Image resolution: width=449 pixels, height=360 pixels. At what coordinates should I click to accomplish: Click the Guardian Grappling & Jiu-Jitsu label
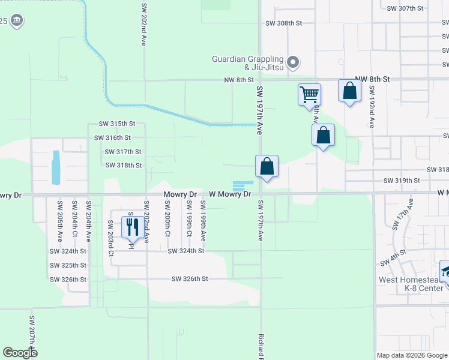pyautogui.click(x=248, y=63)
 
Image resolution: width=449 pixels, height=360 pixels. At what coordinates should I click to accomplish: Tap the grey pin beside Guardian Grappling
pyautogui.click(x=293, y=62)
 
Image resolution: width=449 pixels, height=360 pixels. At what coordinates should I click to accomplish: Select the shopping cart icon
pyautogui.click(x=309, y=94)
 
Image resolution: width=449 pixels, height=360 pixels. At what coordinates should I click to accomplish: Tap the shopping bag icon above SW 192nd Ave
pyautogui.click(x=349, y=91)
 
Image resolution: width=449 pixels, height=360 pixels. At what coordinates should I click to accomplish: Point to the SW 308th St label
pyautogui.click(x=283, y=23)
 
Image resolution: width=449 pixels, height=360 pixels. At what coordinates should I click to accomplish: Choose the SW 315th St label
pyautogui.click(x=117, y=124)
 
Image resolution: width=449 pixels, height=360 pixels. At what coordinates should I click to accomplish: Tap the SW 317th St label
pyautogui.click(x=123, y=152)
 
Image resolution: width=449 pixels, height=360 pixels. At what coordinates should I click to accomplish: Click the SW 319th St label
pyautogui.click(x=402, y=180)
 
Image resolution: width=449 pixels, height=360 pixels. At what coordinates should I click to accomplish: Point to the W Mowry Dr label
pyautogui.click(x=230, y=194)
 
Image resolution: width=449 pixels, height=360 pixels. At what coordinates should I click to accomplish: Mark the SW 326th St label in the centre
pyautogui.click(x=189, y=279)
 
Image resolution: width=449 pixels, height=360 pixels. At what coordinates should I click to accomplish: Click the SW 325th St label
pyautogui.click(x=68, y=265)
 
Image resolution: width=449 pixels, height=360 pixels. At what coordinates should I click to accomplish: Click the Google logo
pyautogui.click(x=20, y=353)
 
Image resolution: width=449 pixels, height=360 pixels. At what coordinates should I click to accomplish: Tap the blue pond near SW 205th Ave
pyautogui.click(x=56, y=167)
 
